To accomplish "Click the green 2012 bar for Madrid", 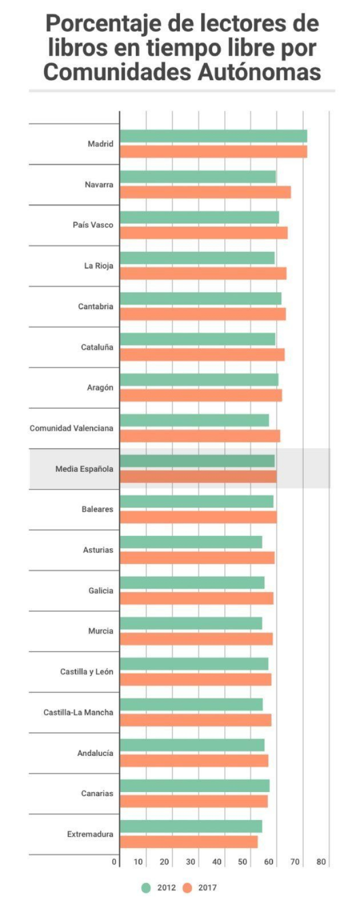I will tap(213, 136).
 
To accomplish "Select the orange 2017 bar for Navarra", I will tap(205, 192).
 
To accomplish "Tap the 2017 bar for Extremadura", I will tap(188, 842).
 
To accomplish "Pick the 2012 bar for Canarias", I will tap(194, 785).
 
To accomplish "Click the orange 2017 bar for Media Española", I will tap(198, 476).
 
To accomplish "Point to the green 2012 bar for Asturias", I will tap(190, 542).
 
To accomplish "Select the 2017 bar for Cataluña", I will tap(202, 354).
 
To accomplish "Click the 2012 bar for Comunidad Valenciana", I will tap(194, 420).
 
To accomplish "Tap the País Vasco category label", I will tap(93, 225).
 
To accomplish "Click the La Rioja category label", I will tap(98, 265).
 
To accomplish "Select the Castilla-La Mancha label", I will tap(78, 712).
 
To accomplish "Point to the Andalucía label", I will tap(95, 753).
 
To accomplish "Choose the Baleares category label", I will tap(97, 509).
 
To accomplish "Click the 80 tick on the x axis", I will tap(321, 861).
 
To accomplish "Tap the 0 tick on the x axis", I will tap(114, 861).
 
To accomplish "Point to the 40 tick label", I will tap(216, 861).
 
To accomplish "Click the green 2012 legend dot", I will tap(146, 887).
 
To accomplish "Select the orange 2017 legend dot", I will tap(187, 887).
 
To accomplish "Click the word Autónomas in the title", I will tap(259, 72).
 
